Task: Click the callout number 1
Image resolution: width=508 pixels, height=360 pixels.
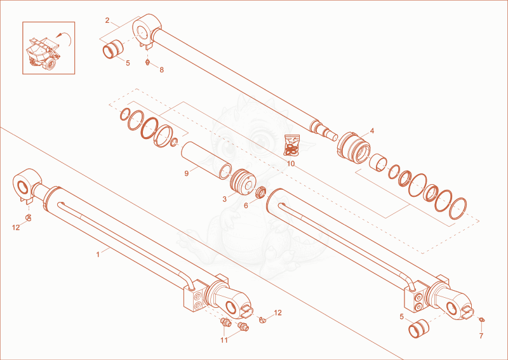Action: pos(98,255)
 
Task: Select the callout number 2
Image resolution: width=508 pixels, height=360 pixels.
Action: pos(107,20)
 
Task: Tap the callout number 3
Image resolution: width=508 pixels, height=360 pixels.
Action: pos(225,199)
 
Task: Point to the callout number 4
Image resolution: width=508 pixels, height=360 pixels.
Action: pos(372,131)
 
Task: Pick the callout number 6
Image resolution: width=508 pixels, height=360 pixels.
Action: pos(246,206)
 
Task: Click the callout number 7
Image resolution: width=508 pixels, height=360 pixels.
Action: pos(481,336)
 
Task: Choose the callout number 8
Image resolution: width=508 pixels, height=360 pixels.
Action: pos(162,70)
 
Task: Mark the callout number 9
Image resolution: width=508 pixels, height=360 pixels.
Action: pos(186,174)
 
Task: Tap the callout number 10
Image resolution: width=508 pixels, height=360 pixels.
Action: pos(291,164)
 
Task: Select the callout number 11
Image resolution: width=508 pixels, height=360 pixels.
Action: pos(224,340)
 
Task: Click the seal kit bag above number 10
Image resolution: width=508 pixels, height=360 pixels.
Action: pos(291,145)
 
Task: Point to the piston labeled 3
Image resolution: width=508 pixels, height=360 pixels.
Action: pos(243,182)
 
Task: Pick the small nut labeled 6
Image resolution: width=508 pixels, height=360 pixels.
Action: pos(261,192)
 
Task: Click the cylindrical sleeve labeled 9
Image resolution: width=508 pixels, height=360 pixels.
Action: pos(206,160)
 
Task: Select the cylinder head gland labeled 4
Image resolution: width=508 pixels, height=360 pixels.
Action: pos(353,148)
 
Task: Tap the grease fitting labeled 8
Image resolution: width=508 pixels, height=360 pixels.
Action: pos(147,62)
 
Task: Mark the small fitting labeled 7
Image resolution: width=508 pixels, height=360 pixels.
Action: pos(481,320)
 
